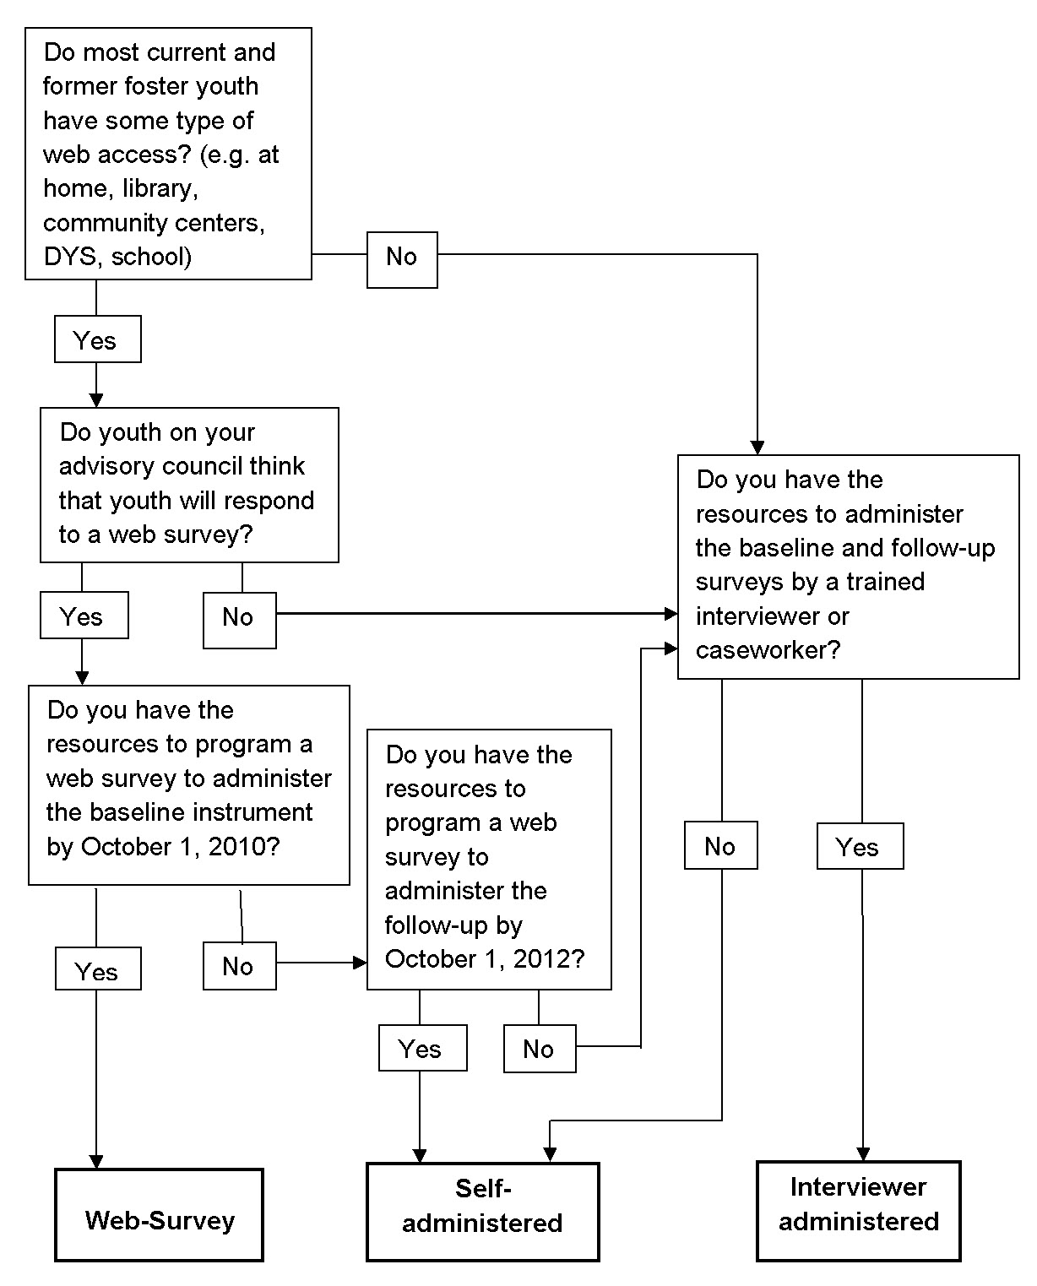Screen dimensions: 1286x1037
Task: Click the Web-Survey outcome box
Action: click(x=160, y=1215)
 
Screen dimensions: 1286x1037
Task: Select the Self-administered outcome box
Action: click(x=482, y=1212)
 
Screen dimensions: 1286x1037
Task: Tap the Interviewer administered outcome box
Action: click(x=859, y=1210)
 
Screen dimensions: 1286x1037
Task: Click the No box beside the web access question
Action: click(x=402, y=259)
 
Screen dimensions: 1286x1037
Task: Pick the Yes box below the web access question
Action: click(x=97, y=339)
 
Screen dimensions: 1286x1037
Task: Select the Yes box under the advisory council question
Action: click(x=84, y=615)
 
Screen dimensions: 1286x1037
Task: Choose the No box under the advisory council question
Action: click(x=239, y=619)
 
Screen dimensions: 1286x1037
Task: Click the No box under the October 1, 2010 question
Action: click(x=239, y=966)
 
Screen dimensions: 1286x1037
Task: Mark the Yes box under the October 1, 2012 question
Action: click(x=422, y=1048)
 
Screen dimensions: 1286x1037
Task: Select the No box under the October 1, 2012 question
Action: click(x=540, y=1049)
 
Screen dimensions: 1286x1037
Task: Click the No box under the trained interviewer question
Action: click(x=720, y=846)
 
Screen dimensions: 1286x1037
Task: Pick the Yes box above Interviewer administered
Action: click(x=860, y=846)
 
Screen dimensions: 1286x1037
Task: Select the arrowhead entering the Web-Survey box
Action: click(x=96, y=1162)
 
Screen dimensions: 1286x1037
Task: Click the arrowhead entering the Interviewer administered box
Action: click(x=863, y=1154)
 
